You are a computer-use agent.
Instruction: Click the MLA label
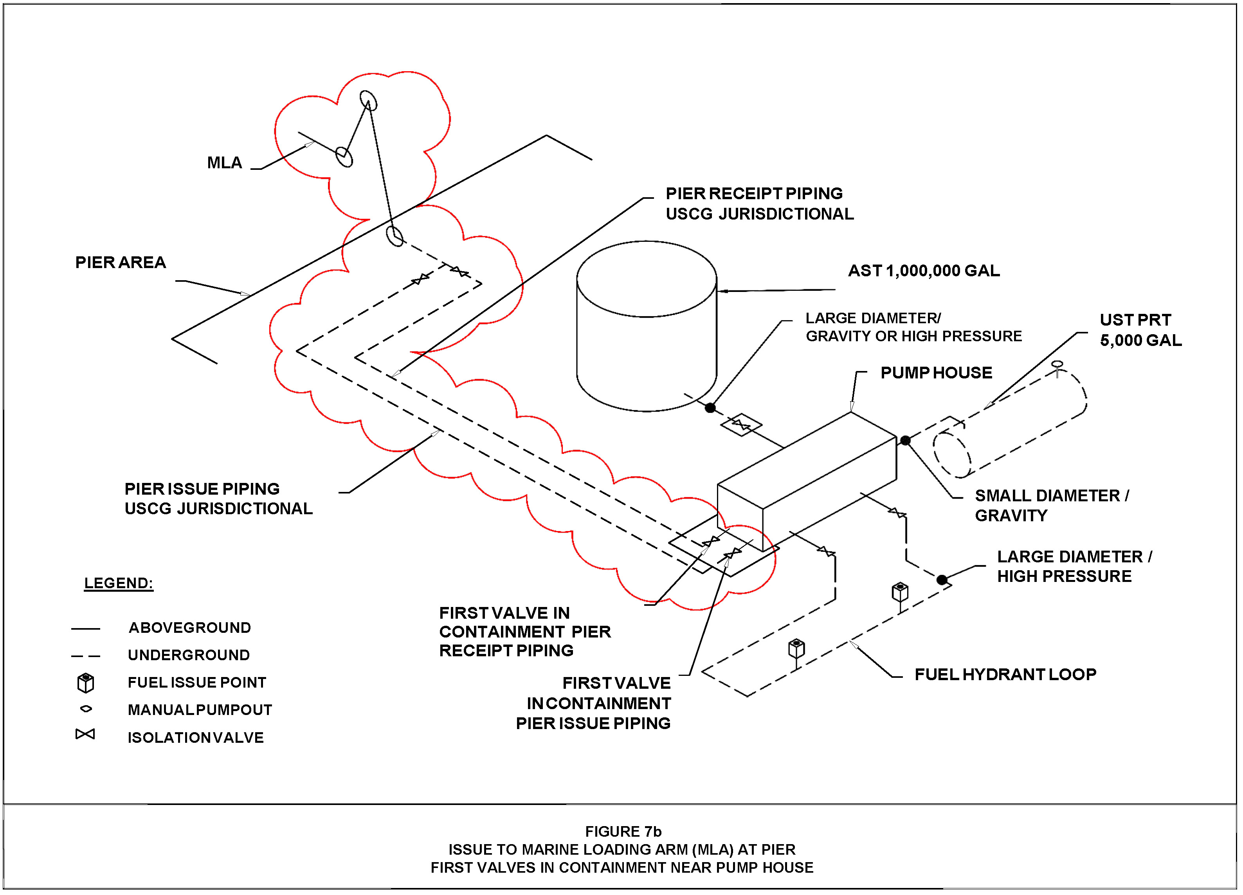click(224, 163)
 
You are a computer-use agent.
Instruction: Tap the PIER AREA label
click(121, 263)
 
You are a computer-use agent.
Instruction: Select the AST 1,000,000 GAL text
click(924, 271)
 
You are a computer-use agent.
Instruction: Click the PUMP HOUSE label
click(936, 373)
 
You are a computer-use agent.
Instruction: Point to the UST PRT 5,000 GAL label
click(1140, 330)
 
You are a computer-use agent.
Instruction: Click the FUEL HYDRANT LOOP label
click(1005, 674)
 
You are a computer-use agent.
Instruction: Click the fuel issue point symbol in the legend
click(85, 683)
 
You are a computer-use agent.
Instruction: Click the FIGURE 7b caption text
click(623, 832)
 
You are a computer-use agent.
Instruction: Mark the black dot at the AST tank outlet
click(710, 408)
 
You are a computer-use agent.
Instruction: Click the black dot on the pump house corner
click(905, 440)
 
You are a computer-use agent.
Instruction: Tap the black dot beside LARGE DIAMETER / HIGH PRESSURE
click(942, 580)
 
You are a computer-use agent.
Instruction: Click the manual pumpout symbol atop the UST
click(1057, 364)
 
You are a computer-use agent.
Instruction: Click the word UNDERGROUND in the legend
click(189, 655)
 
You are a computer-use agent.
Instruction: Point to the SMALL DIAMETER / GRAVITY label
click(1052, 505)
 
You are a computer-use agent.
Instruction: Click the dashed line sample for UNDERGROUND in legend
click(85, 656)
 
